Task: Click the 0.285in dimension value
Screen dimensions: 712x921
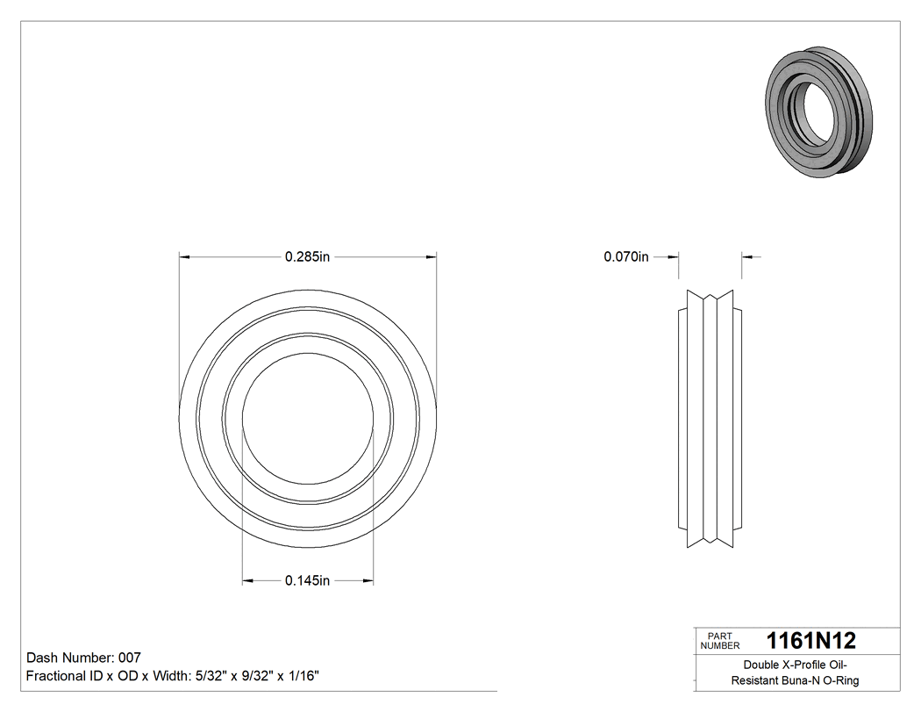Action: point(307,256)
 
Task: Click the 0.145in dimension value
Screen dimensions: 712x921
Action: point(307,580)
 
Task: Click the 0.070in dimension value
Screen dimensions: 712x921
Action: point(625,256)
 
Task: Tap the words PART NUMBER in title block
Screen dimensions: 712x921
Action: point(719,641)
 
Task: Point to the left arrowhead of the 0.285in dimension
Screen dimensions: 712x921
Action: point(184,256)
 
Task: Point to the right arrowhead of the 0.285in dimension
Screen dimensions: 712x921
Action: point(432,256)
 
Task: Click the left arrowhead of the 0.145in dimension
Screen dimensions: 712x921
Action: point(247,580)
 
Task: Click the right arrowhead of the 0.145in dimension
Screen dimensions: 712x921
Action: point(368,580)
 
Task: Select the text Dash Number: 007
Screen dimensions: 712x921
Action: point(84,658)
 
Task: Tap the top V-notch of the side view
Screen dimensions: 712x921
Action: point(710,297)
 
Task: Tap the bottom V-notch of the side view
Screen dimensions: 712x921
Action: point(710,541)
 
